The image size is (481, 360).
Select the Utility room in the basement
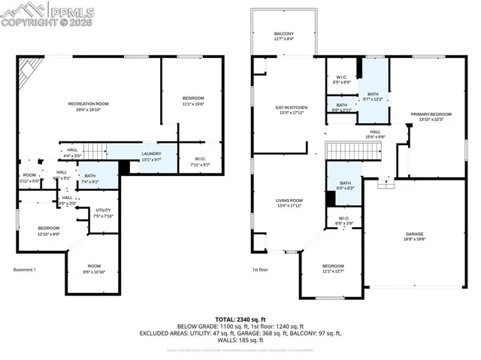[x=104, y=213]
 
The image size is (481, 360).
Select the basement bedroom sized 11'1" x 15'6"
[x=193, y=101]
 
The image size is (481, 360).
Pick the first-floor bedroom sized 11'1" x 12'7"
[x=333, y=268]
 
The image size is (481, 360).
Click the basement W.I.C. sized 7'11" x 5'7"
[x=198, y=161]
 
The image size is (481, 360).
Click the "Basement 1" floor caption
[x=25, y=270]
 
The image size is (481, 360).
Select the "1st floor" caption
[x=260, y=270]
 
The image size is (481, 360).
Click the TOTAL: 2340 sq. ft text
[x=240, y=319]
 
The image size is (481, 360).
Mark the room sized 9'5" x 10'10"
[x=93, y=268]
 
